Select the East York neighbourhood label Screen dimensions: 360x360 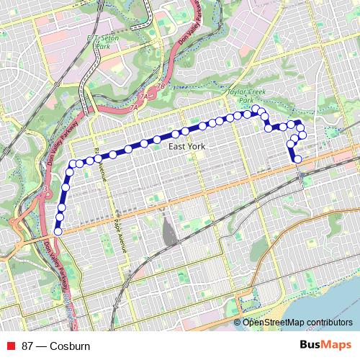186,146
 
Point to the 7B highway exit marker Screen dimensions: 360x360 161,86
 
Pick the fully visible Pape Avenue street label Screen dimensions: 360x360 119,231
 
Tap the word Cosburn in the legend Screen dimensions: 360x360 70,346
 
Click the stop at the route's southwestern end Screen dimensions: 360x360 58,231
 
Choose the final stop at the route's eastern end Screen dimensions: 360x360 297,158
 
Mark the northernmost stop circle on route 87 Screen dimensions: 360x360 254,109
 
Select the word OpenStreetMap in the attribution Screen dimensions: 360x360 274,323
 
